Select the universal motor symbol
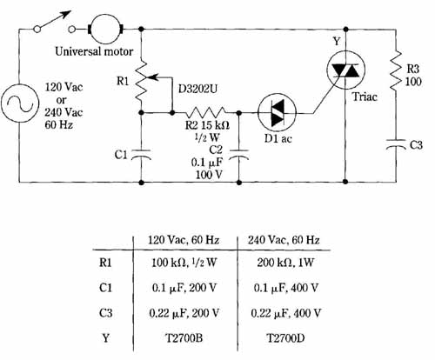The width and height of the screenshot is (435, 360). (x=105, y=29)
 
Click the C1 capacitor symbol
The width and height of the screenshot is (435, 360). (x=141, y=155)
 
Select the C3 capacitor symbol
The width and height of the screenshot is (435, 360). (x=396, y=144)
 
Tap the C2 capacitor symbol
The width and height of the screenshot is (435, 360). (x=238, y=155)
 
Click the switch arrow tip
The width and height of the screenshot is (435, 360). (x=70, y=11)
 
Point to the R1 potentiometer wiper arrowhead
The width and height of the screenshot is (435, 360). (x=149, y=77)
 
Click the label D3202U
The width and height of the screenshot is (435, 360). (x=197, y=89)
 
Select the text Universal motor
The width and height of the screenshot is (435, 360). (x=94, y=51)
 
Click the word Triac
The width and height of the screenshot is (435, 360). (x=365, y=97)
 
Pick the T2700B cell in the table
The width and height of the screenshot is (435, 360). (x=184, y=338)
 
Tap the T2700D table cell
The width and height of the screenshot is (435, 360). (x=285, y=338)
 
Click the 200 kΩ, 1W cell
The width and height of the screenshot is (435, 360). (x=285, y=263)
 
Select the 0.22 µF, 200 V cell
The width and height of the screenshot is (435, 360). (x=184, y=313)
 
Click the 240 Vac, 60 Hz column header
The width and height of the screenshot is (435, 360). (x=284, y=240)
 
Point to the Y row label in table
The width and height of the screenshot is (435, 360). (x=105, y=338)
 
